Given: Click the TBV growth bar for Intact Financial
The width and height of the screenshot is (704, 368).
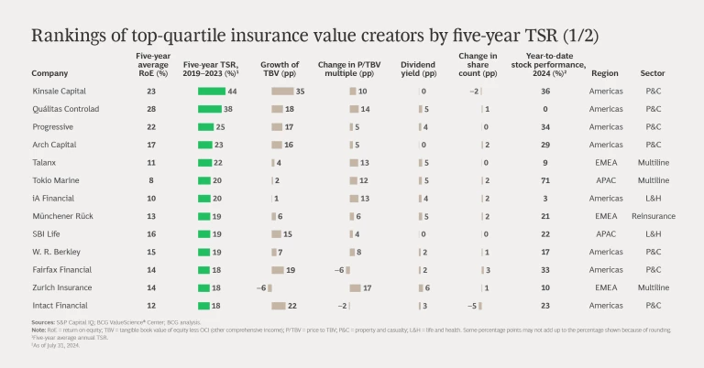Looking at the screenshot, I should click(279, 305).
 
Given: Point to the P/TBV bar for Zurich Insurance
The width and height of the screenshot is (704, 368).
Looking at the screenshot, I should click(355, 287).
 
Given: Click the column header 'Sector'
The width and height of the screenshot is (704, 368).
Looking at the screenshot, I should click(653, 73).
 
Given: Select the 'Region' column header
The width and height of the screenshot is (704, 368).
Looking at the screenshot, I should click(605, 73).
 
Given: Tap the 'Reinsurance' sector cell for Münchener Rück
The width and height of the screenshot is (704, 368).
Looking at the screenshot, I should click(653, 216).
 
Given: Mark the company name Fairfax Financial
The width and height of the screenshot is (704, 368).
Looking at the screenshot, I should click(60, 269).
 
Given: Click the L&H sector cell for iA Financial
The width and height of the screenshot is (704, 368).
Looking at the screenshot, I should click(653, 198).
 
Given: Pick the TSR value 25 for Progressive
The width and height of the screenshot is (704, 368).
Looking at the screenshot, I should click(221, 126).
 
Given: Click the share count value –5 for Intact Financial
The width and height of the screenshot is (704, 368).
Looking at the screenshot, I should click(473, 305).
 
